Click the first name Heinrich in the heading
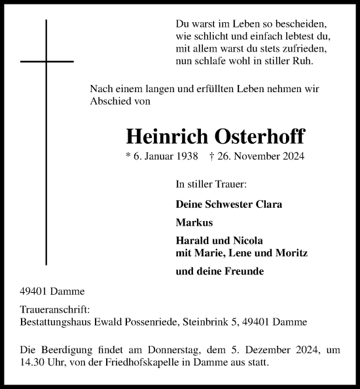(x=165, y=135)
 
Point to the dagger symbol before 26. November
(x=212, y=157)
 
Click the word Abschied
(x=111, y=101)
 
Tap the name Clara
(x=268, y=204)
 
